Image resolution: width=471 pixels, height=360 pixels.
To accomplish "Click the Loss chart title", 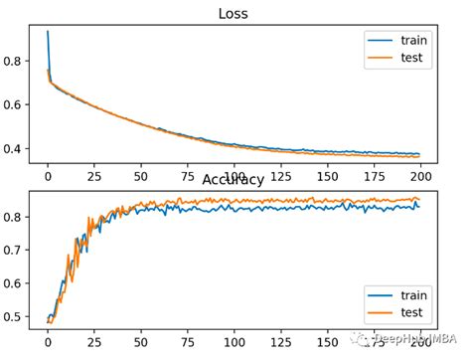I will click(234, 15).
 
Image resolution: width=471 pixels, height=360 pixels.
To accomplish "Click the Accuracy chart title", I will click(234, 180).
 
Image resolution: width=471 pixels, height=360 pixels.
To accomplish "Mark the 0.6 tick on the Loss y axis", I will click(18, 104).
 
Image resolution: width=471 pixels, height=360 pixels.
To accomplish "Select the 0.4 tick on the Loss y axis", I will click(18, 149).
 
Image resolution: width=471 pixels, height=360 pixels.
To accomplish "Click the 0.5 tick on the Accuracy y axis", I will click(18, 317).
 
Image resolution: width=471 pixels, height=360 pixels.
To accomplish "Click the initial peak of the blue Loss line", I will click(47, 32).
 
